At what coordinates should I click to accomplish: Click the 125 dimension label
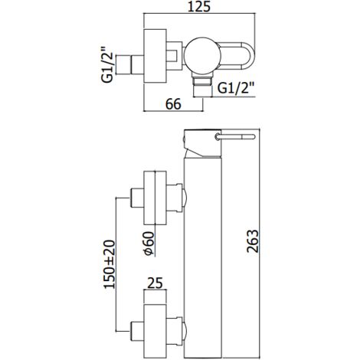click(x=199, y=7)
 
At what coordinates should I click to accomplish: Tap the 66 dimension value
click(x=173, y=104)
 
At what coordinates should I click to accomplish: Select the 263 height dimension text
click(x=253, y=241)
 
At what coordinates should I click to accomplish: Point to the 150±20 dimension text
click(x=110, y=264)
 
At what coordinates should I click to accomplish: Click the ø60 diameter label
click(x=149, y=243)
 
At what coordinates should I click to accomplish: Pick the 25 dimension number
click(x=155, y=283)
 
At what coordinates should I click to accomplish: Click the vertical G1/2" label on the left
click(x=107, y=64)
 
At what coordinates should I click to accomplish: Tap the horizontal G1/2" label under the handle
click(x=236, y=88)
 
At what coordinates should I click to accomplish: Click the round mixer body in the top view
click(x=202, y=57)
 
